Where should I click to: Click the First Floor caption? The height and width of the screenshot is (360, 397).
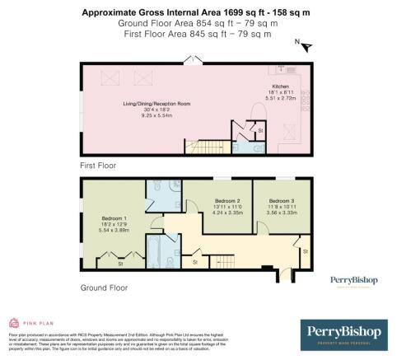pyautogui.click(x=96, y=165)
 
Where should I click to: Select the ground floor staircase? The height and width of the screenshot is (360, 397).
pyautogui.click(x=222, y=262)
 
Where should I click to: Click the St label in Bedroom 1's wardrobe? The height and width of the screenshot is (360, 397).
pyautogui.click(x=120, y=264)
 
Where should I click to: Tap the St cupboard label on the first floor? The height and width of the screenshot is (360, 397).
pyautogui.click(x=259, y=130)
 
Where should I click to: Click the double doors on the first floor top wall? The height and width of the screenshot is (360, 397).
pyautogui.click(x=194, y=59)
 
